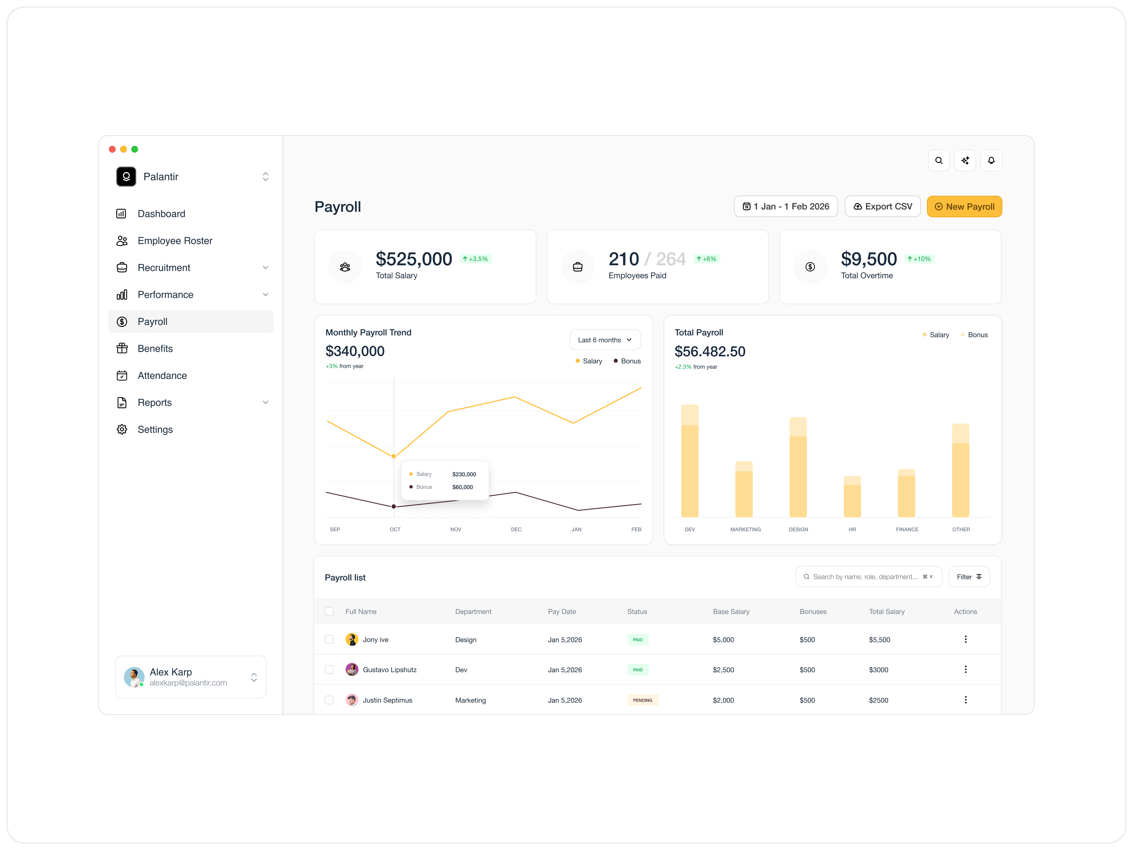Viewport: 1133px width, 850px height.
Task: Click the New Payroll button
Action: pyautogui.click(x=964, y=206)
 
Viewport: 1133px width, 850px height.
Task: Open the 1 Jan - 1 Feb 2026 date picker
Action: pyautogui.click(x=785, y=206)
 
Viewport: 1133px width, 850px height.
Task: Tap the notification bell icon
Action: pyautogui.click(x=991, y=160)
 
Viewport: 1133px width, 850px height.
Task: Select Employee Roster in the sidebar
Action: pyautogui.click(x=175, y=241)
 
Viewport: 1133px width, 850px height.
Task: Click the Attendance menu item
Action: pyautogui.click(x=162, y=375)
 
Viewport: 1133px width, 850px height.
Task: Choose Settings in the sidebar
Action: pyautogui.click(x=155, y=429)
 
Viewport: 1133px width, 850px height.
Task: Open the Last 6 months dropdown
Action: pyautogui.click(x=604, y=340)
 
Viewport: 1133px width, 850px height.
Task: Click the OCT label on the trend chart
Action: pyautogui.click(x=394, y=529)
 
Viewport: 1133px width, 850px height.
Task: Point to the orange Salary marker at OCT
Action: pyautogui.click(x=393, y=456)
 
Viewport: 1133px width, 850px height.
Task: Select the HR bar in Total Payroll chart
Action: pyautogui.click(x=852, y=497)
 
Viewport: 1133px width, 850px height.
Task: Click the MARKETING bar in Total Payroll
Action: pyautogui.click(x=744, y=489)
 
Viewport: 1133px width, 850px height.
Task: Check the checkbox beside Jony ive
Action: pyautogui.click(x=329, y=639)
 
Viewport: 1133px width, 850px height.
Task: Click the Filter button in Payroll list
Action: pyautogui.click(x=969, y=577)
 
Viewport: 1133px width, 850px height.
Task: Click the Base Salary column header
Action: pyautogui.click(x=730, y=611)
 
